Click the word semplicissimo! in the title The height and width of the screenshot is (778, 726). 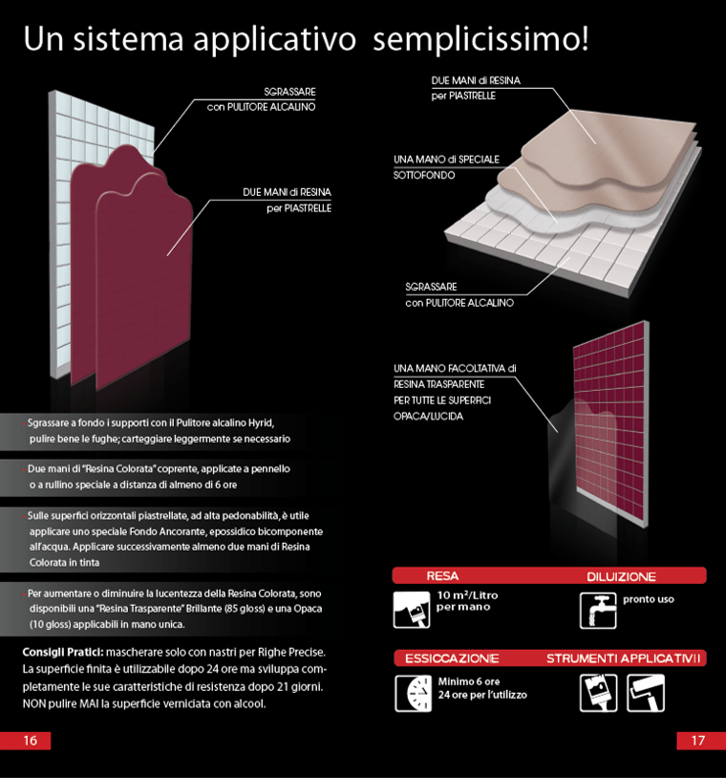point(480,39)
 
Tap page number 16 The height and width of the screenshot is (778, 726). point(31,741)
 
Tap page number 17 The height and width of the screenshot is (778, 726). point(697,741)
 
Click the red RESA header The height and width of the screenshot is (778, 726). point(442,576)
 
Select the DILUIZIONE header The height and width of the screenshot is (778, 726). point(621,576)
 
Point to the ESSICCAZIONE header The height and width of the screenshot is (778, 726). point(452,659)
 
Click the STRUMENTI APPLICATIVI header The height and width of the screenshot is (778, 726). point(624,659)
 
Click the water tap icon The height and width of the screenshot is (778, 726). point(598,611)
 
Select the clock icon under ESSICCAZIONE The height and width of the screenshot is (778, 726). point(413,693)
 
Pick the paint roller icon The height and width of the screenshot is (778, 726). point(646,693)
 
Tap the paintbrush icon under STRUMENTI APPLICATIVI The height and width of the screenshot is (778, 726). point(599,693)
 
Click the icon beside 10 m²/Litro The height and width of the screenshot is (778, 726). point(412,610)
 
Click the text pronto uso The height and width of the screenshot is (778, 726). point(649,599)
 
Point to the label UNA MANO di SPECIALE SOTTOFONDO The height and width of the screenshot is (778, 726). point(446,167)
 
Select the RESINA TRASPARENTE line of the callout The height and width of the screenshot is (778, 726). point(438,384)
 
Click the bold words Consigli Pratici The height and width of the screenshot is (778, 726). point(63,652)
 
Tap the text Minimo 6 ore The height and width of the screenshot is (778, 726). point(469,681)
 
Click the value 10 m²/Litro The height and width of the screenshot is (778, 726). point(468,594)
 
